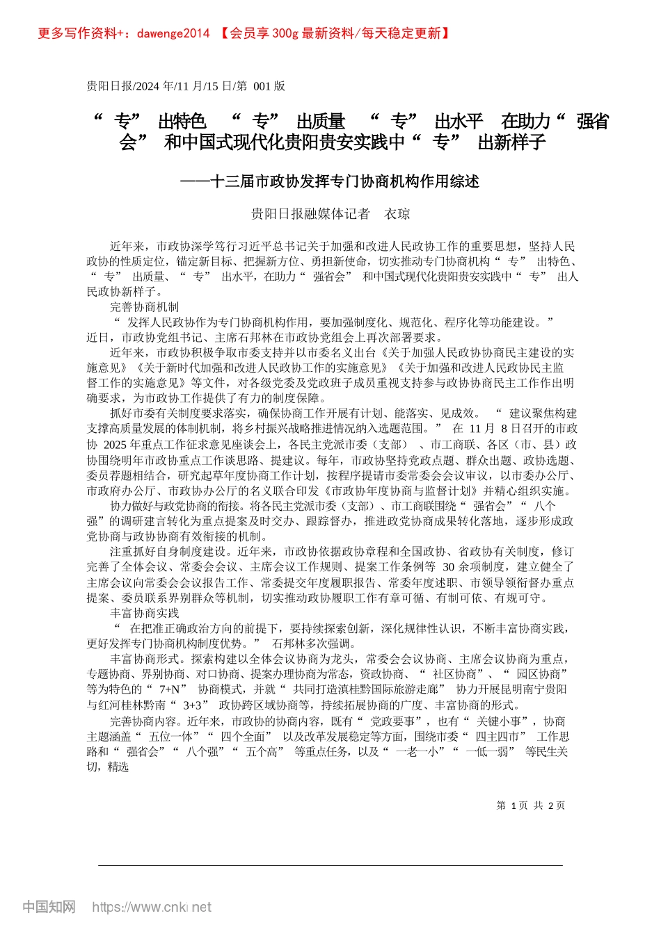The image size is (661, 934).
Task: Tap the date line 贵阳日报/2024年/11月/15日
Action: click(x=160, y=86)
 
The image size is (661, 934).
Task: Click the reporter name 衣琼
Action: click(x=397, y=214)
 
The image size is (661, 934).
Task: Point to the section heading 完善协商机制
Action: click(x=145, y=306)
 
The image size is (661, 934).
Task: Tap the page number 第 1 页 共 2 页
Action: click(x=530, y=805)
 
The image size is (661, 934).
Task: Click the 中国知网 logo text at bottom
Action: click(x=49, y=906)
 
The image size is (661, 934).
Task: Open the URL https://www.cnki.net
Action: click(x=152, y=907)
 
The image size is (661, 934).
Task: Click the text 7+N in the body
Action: click(x=173, y=689)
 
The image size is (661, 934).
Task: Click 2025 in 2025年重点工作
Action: click(x=116, y=445)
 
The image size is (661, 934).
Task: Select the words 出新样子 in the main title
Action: click(x=511, y=143)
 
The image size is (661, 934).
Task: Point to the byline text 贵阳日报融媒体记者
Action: click(x=310, y=214)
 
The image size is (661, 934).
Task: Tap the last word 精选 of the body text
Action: click(x=118, y=767)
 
